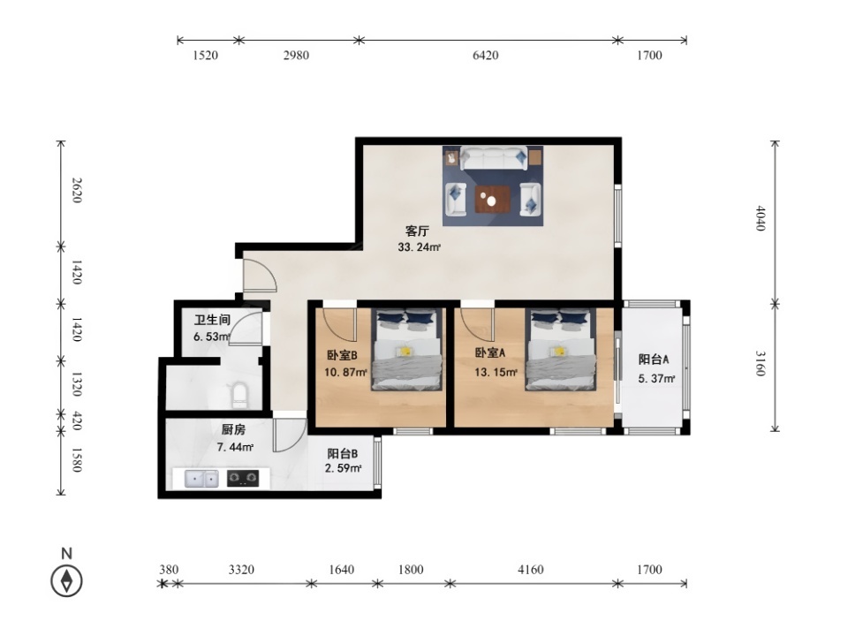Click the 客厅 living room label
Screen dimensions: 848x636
click(x=417, y=231)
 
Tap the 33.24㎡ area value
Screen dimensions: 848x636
click(x=419, y=247)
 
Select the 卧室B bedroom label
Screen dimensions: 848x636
click(x=342, y=355)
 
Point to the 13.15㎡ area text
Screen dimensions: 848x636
click(x=496, y=372)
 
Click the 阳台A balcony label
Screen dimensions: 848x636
click(x=654, y=360)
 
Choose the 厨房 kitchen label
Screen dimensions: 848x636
click(x=233, y=430)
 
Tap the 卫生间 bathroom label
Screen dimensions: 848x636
click(x=213, y=320)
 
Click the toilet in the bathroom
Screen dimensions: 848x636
click(x=239, y=396)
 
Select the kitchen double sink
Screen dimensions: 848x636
click(x=201, y=479)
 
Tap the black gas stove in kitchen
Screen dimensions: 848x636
click(x=242, y=478)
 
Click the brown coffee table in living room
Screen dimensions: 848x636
click(x=492, y=200)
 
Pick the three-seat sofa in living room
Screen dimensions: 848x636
click(x=494, y=158)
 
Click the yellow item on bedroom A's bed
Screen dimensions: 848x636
click(x=559, y=352)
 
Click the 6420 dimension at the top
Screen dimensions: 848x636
click(x=486, y=55)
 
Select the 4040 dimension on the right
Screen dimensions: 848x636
click(x=761, y=218)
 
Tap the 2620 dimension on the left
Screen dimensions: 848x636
click(x=77, y=191)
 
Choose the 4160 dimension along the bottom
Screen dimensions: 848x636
click(x=531, y=570)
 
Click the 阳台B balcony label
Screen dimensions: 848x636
click(x=343, y=454)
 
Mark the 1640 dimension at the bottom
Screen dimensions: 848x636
click(x=342, y=570)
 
